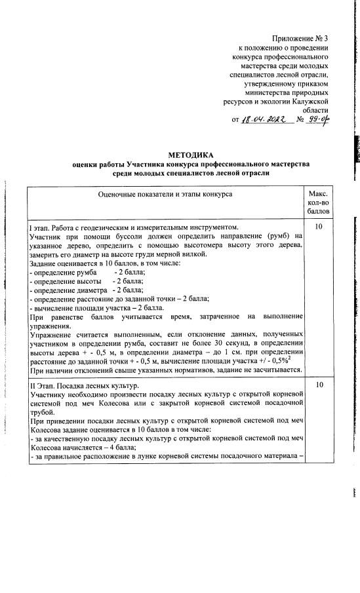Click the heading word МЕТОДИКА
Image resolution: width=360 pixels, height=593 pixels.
180,153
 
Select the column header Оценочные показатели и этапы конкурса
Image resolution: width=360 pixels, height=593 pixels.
165,195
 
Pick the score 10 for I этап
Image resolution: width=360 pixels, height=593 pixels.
318,227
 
